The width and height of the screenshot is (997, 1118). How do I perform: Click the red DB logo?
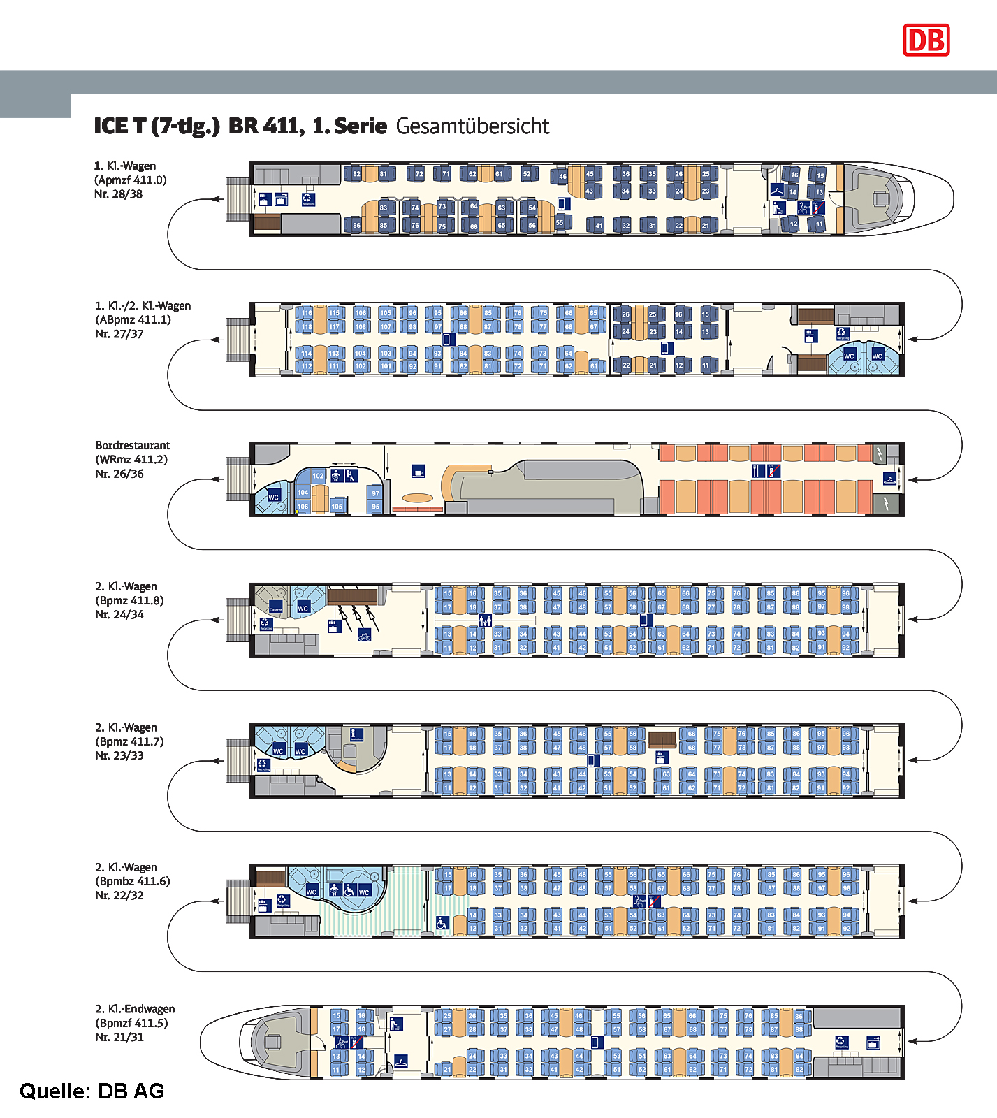(926, 40)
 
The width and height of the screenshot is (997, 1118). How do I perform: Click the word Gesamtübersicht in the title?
(472, 126)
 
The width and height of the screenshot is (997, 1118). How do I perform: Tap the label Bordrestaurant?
(133, 445)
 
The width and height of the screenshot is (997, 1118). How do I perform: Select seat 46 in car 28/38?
(562, 177)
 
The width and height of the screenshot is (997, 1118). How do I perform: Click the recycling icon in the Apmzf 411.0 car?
(308, 199)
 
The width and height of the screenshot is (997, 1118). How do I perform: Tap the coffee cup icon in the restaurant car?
(418, 471)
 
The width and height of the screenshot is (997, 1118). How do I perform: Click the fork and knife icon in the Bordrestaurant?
(757, 470)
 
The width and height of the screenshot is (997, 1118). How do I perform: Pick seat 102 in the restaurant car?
(318, 476)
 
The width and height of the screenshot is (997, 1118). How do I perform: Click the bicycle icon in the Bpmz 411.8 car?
(364, 635)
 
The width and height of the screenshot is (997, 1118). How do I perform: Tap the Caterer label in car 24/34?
(276, 607)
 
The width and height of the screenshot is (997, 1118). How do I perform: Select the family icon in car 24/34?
(485, 620)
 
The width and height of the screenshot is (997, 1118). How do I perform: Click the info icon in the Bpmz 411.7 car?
(356, 734)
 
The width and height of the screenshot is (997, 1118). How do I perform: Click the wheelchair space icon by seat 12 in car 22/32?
(442, 923)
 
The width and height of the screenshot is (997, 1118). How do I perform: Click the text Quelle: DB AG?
(92, 1091)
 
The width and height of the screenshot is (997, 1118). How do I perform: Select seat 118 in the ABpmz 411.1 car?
(306, 326)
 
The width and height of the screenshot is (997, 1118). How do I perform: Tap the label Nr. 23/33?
(119, 755)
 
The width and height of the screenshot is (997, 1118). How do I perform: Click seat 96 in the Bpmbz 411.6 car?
(846, 874)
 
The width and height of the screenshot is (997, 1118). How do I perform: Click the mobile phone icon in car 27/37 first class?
(667, 347)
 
